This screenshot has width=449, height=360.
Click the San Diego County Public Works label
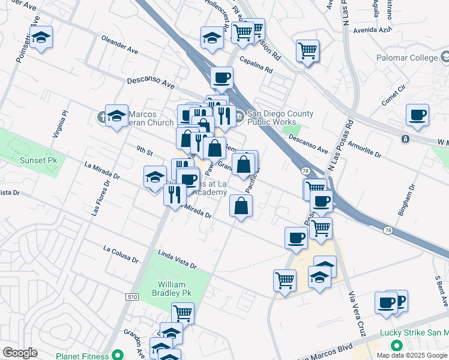click(279, 118)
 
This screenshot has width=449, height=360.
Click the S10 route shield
click(132, 296)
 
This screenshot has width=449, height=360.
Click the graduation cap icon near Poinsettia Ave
click(41, 37)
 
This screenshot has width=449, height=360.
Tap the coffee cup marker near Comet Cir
click(417, 115)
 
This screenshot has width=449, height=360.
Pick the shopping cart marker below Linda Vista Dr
click(285, 280)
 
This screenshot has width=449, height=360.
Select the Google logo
click(20, 353)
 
